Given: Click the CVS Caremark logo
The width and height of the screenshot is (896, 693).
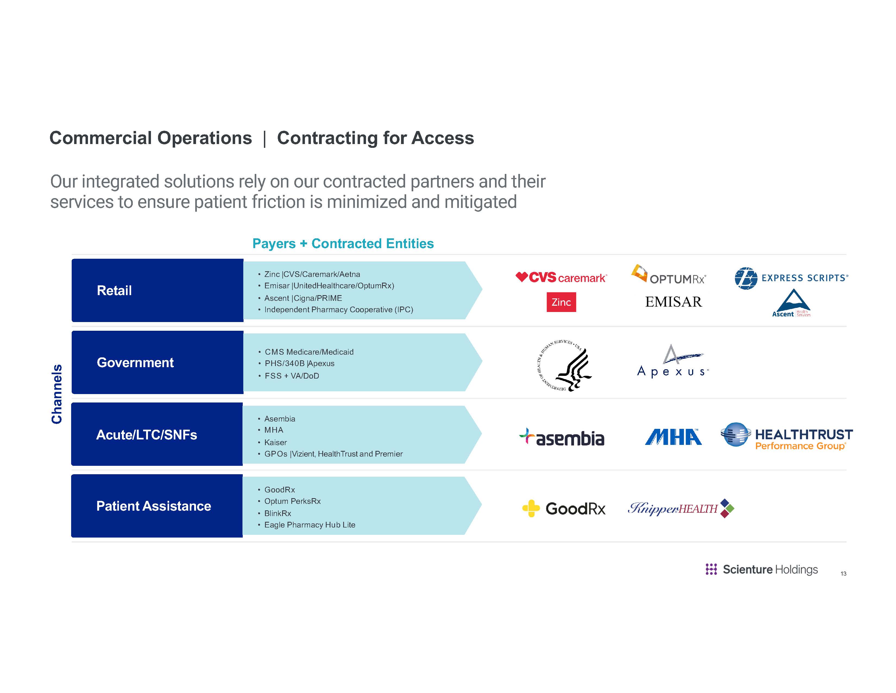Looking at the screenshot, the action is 561,277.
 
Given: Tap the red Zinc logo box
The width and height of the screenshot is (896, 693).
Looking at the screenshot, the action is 561,302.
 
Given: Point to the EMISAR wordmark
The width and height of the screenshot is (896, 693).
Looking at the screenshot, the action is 674,302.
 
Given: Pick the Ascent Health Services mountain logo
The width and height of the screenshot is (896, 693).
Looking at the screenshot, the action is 792,303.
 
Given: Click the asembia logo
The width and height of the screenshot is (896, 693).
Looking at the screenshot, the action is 562,438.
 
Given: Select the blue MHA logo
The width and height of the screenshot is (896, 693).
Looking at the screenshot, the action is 673,437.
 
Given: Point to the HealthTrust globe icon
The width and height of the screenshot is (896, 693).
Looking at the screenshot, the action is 736,434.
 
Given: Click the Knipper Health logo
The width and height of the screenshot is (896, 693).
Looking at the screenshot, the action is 681,509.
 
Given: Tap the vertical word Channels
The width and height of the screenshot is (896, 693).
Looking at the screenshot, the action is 57,394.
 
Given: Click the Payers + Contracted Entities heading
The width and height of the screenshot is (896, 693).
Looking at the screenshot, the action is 343,244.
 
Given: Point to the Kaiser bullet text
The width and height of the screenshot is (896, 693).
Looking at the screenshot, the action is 275,442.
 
